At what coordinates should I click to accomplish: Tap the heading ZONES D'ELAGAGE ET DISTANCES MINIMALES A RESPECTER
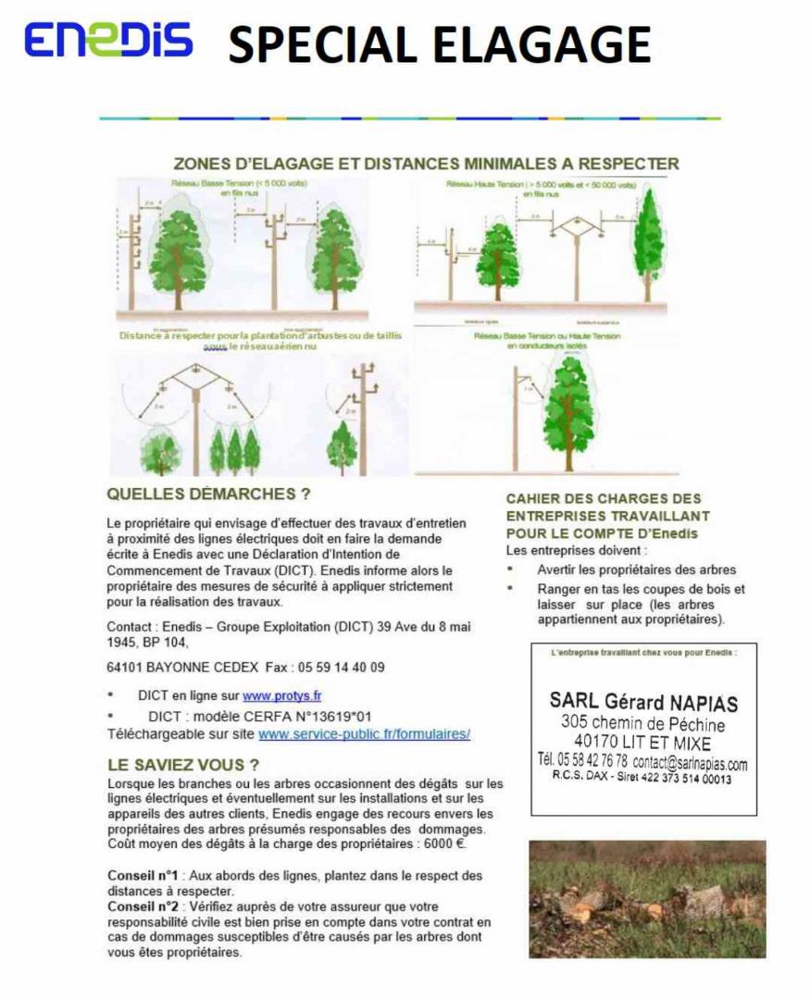[x=426, y=164]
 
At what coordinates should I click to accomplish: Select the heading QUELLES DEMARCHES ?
[x=208, y=494]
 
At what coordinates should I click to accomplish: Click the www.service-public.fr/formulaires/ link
[x=364, y=733]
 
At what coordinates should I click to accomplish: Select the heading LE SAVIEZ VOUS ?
[x=183, y=765]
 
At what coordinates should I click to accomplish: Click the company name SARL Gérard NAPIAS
[x=643, y=702]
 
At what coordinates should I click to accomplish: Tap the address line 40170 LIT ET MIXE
[x=642, y=742]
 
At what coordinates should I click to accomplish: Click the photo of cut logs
[x=647, y=898]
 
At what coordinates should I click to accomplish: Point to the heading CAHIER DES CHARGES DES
[x=604, y=498]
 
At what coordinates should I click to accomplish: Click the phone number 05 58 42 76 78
[x=582, y=761]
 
